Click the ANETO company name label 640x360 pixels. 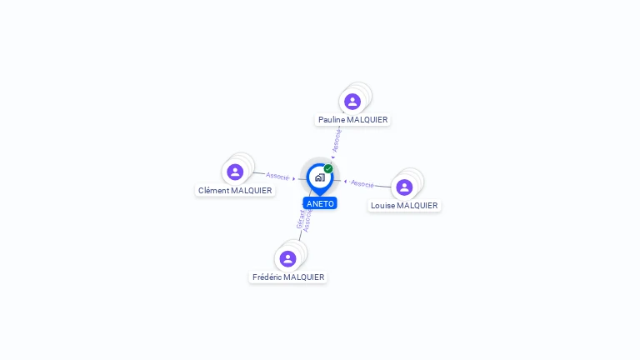click(x=320, y=203)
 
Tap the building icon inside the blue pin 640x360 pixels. click(x=320, y=177)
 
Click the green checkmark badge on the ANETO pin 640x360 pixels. click(x=328, y=169)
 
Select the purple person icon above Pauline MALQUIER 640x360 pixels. click(x=352, y=102)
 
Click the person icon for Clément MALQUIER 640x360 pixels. click(x=235, y=172)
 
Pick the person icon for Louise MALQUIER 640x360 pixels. click(x=404, y=187)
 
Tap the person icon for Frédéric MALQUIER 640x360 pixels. click(x=287, y=258)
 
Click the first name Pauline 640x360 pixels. click(x=332, y=120)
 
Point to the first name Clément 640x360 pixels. click(x=213, y=191)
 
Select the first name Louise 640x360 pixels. click(x=382, y=206)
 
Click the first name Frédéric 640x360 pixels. click(x=268, y=277)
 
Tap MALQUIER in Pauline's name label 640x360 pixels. click(x=367, y=120)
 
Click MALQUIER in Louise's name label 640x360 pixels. click(x=417, y=206)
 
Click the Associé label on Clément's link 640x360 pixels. click(x=277, y=176)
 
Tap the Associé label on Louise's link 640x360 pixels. click(x=362, y=183)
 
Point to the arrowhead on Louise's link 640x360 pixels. click(x=345, y=181)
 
